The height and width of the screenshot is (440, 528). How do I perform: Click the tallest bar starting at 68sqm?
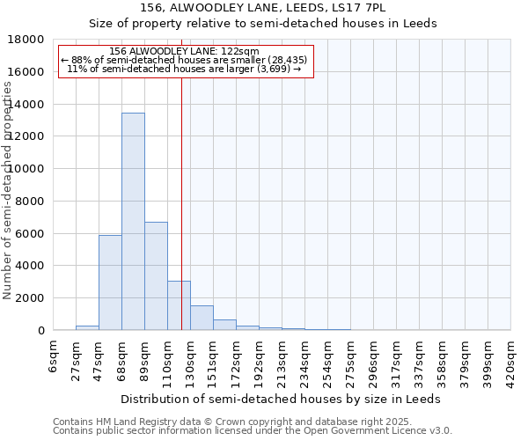pos(133,221)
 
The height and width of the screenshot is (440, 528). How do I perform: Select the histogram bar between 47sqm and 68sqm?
pos(110,282)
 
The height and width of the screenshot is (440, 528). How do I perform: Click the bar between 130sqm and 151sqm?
pos(202,318)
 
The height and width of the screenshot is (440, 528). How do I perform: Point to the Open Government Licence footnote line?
pos(253,431)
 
